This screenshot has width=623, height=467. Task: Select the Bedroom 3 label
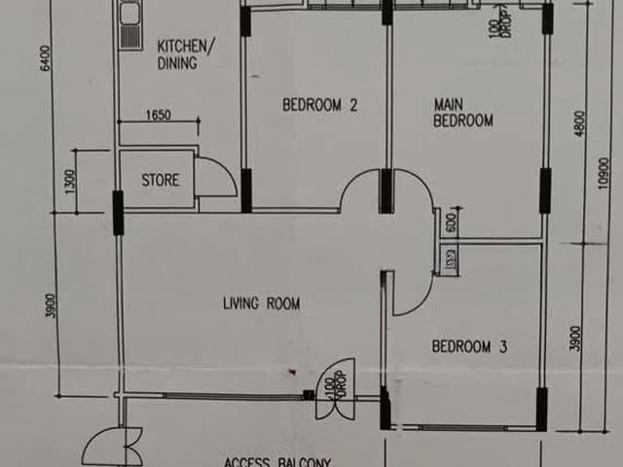pyautogui.click(x=470, y=346)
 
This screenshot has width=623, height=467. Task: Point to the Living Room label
pyautogui.click(x=261, y=305)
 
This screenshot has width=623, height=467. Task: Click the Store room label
pyautogui.click(x=161, y=180)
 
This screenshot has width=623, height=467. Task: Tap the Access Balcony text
pyautogui.click(x=278, y=461)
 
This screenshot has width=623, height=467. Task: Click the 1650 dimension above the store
pyautogui.click(x=158, y=116)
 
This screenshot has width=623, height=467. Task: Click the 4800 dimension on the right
pyautogui.click(x=581, y=125)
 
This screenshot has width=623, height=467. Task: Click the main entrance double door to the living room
pyautogui.click(x=335, y=390)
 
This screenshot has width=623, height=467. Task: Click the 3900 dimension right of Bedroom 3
pyautogui.click(x=576, y=337)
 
